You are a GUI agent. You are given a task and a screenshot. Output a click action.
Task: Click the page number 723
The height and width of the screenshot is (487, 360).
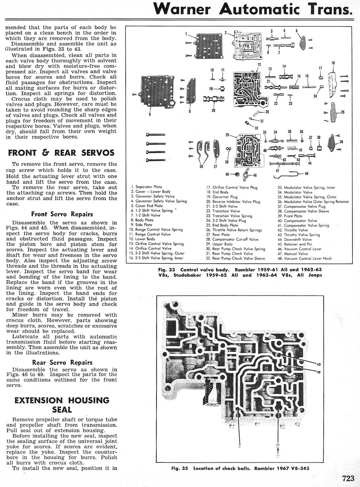pyautogui.click(x=348, y=479)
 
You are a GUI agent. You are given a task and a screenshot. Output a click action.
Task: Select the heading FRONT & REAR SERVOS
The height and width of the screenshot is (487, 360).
pyautogui.click(x=61, y=153)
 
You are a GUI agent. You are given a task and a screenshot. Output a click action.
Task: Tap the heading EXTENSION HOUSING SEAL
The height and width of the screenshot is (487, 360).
pyautogui.click(x=62, y=405)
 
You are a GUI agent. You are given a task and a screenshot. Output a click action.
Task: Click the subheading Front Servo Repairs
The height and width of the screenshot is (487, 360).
pyautogui.click(x=62, y=214)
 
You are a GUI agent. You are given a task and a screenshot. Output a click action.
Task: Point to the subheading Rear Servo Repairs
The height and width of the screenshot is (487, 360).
pyautogui.click(x=62, y=363)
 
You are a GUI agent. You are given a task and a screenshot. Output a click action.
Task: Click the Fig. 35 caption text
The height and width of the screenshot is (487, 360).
pyautogui.click(x=240, y=468)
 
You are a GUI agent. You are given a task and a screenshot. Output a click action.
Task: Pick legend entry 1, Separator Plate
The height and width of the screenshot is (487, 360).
pyautogui.click(x=146, y=187)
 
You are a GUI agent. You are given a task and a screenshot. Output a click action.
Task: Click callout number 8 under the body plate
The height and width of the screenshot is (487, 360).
pyautogui.click(x=150, y=115)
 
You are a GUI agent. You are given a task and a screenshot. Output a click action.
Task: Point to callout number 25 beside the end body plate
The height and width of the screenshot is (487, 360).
pyautogui.click(x=342, y=113)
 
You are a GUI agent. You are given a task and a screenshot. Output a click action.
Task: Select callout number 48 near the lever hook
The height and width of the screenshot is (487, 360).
pyautogui.click(x=307, y=174)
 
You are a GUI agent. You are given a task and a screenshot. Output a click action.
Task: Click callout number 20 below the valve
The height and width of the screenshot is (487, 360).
pyautogui.click(x=213, y=110)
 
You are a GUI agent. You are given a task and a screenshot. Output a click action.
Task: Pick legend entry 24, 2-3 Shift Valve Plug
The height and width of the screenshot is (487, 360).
pyautogui.click(x=226, y=220)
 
